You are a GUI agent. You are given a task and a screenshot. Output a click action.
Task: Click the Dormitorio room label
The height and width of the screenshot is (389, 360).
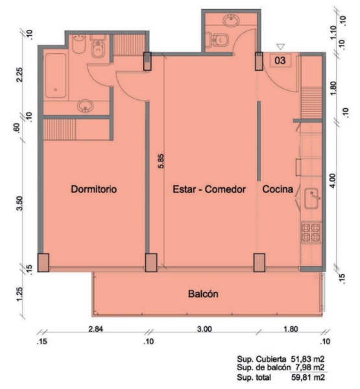[94, 189]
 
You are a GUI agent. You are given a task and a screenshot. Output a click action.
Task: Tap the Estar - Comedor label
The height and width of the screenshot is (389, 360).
[210, 189]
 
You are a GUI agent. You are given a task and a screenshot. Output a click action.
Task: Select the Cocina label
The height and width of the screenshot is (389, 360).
[278, 189]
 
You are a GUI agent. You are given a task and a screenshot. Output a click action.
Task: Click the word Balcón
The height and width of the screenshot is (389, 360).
[203, 294]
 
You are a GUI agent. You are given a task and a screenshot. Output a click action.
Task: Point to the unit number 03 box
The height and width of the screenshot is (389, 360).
[280, 60]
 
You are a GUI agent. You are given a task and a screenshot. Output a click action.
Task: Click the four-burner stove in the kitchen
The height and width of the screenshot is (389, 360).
[311, 233]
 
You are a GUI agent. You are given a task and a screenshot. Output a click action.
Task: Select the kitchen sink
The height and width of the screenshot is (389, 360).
[311, 198]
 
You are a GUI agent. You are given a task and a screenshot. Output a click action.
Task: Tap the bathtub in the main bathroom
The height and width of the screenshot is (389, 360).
[56, 75]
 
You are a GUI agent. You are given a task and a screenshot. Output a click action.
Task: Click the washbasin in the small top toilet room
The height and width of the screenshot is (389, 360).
[231, 20]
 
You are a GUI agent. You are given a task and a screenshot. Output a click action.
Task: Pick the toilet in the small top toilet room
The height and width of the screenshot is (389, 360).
[219, 40]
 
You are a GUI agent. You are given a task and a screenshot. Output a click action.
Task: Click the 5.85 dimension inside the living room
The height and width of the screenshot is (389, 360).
[161, 161]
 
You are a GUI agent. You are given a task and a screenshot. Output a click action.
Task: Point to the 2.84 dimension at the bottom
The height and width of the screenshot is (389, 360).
[95, 329]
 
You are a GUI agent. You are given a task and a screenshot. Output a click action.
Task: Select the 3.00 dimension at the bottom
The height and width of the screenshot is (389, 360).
[204, 329]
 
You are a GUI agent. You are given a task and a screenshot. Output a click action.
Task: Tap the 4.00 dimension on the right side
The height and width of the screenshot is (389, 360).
[333, 181]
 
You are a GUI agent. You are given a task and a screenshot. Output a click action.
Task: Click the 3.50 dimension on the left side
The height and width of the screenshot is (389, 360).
[20, 203]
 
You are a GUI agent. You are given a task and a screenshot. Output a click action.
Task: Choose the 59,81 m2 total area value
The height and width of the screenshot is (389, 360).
[307, 377]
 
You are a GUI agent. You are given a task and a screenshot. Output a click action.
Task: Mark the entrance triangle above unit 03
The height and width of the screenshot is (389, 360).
[281, 47]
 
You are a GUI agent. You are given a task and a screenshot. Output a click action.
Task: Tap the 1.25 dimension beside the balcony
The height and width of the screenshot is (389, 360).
[20, 294]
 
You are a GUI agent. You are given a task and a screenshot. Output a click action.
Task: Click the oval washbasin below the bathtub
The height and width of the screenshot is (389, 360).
[85, 106]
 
